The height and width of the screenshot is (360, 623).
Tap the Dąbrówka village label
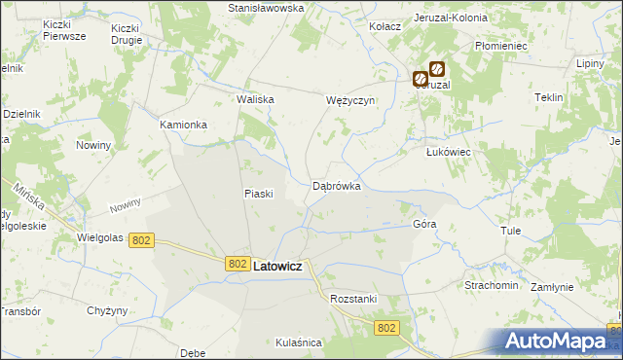click(337, 185)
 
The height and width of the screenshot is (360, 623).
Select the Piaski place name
click(258, 194)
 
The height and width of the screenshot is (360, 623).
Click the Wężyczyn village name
click(349, 100)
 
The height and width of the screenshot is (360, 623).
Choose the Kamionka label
click(184, 126)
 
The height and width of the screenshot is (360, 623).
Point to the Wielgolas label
click(100, 237)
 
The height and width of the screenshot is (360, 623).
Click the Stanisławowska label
click(266, 8)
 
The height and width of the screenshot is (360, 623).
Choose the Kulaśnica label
click(298, 342)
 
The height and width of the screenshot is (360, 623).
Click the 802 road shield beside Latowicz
click(238, 264)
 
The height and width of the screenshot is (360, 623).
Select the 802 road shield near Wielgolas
click(141, 239)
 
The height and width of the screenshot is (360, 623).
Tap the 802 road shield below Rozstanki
click(385, 329)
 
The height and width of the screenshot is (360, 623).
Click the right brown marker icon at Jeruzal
click(437, 70)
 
